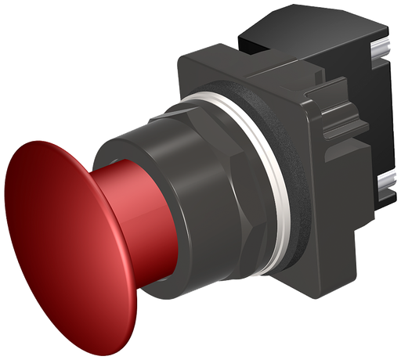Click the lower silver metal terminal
(384, 188)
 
